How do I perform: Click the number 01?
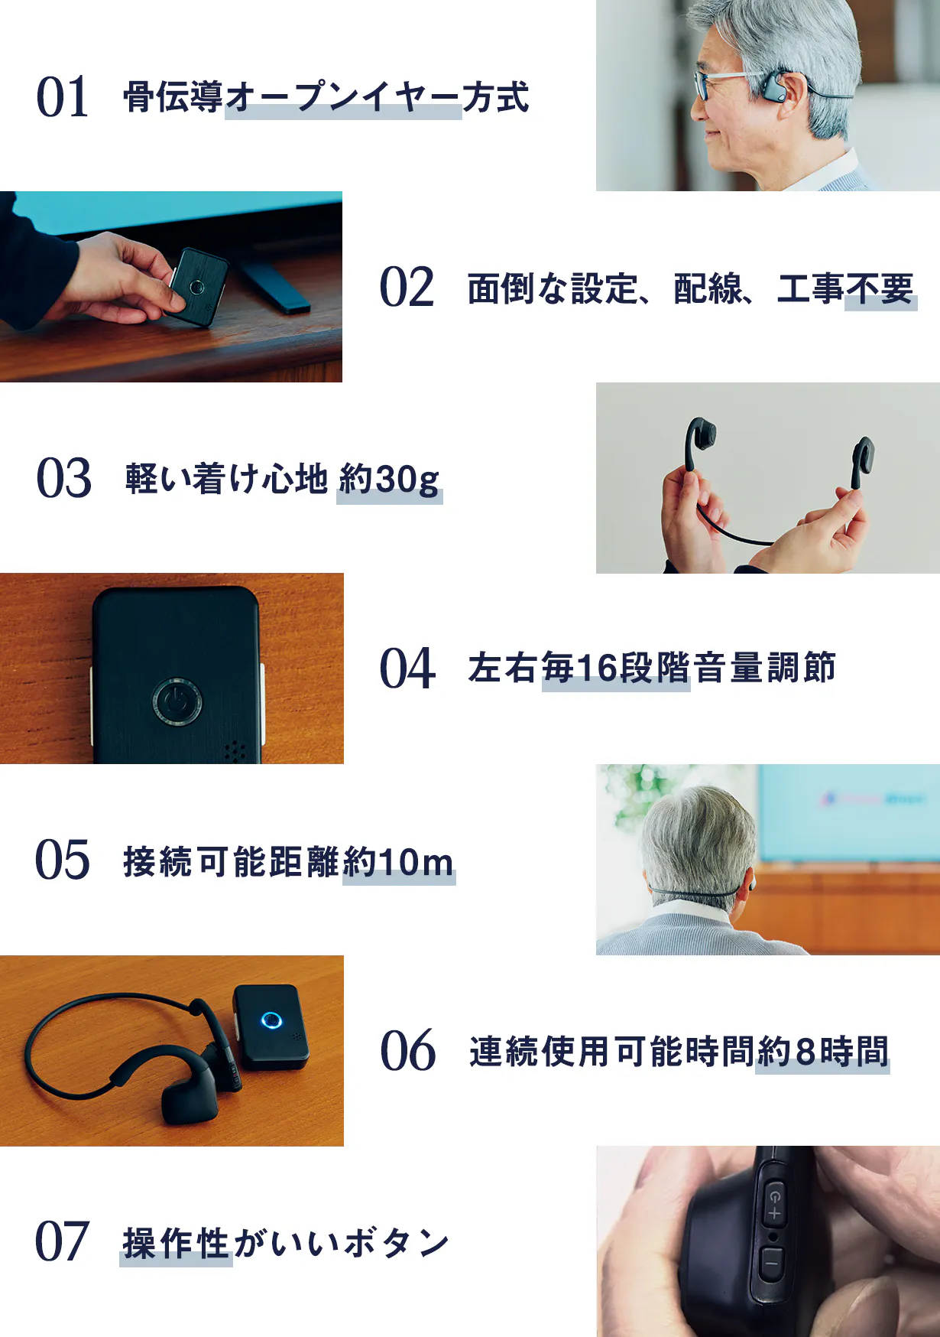63,97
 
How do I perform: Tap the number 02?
407,288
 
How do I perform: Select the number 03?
64,478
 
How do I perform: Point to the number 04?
407,668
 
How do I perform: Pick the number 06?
408,1050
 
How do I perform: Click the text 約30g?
390,480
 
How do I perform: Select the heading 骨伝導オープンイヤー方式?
326,97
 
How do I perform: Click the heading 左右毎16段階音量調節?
652,668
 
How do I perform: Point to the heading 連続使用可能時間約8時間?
679,1051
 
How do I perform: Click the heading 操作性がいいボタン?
286,1242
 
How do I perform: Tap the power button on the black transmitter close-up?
177,701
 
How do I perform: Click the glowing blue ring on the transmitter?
271,1020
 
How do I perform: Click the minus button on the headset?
772,1263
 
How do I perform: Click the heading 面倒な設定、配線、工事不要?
691,288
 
